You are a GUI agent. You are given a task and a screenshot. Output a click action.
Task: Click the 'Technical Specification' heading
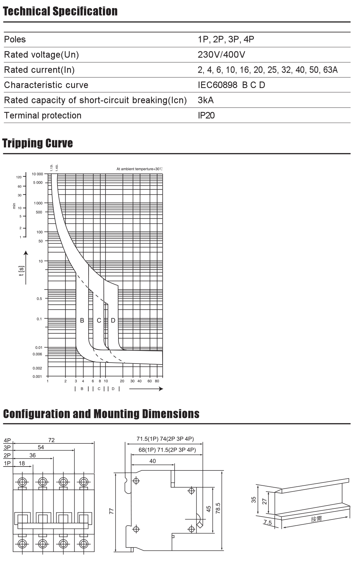pos(60,11)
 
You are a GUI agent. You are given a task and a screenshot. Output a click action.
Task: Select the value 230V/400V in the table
pos(221,55)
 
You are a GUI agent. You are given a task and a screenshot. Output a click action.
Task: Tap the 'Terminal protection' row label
pos(43,116)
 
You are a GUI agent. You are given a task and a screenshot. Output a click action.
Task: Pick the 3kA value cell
pos(206,100)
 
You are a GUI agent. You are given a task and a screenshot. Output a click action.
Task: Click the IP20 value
pos(206,116)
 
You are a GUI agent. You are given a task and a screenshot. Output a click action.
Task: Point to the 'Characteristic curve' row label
pos(46,85)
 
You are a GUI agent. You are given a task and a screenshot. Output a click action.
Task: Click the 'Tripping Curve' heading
pos(38,143)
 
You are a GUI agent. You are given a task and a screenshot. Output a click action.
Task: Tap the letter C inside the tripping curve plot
pos(99,320)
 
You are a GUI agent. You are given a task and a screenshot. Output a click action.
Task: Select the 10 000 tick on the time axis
pos(38,174)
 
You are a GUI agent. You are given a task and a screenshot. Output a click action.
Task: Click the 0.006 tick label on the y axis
pos(37,354)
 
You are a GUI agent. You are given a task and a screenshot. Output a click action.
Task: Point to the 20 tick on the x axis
pos(122,381)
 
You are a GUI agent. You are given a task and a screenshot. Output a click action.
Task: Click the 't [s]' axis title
pos(21,271)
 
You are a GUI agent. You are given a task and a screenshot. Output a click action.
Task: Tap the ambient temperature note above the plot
pos(140,169)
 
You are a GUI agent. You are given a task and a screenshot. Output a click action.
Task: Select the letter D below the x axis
pos(113,389)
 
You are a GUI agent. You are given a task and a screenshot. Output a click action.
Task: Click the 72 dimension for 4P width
pos(51,440)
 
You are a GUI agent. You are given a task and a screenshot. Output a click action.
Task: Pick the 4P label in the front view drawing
pos(7,441)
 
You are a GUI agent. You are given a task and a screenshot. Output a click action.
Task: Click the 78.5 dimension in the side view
pos(218,508)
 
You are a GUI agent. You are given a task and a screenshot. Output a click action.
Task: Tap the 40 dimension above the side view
pos(153,461)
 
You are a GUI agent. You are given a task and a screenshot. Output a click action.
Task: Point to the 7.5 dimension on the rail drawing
pos(268,523)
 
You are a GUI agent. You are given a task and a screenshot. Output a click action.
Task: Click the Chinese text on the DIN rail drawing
pos(316,519)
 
